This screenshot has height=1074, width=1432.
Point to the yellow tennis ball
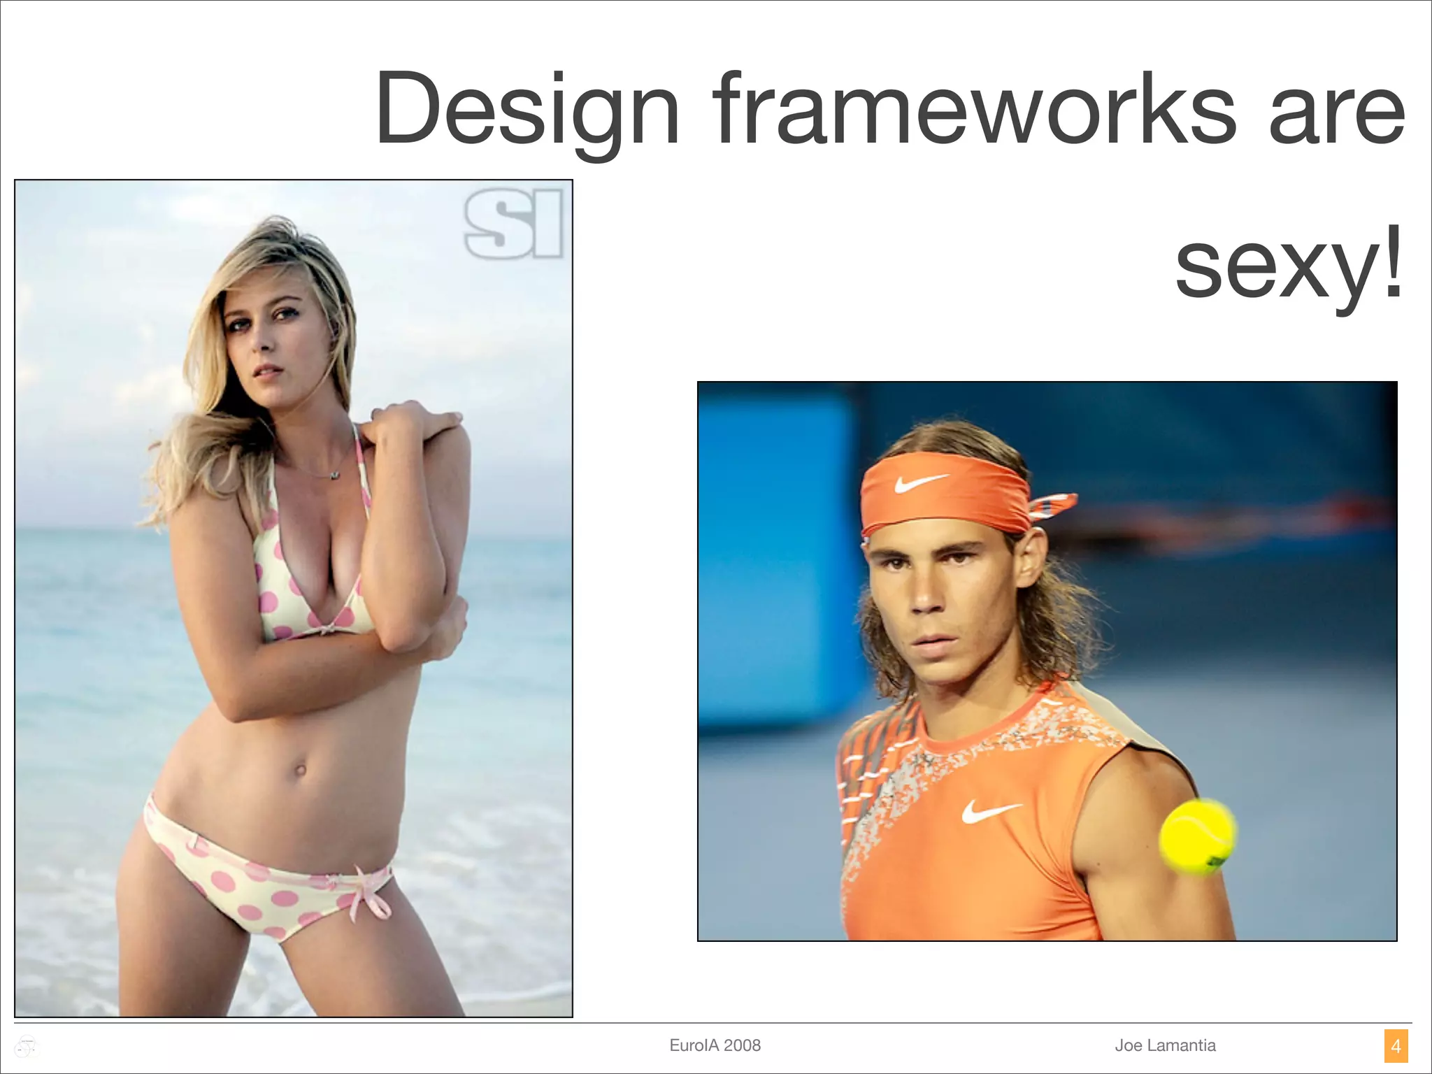tap(1197, 836)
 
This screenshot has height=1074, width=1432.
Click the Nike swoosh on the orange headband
tap(921, 482)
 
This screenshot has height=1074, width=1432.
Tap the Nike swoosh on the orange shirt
tap(991, 811)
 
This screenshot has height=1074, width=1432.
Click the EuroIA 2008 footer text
tap(715, 1045)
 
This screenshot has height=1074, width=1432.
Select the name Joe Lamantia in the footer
tap(1165, 1045)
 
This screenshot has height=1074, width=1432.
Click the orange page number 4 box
tap(1396, 1046)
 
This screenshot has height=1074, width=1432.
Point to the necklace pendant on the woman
tap(335, 475)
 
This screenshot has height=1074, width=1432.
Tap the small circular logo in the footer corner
tap(27, 1046)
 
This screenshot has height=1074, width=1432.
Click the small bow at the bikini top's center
tap(324, 627)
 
